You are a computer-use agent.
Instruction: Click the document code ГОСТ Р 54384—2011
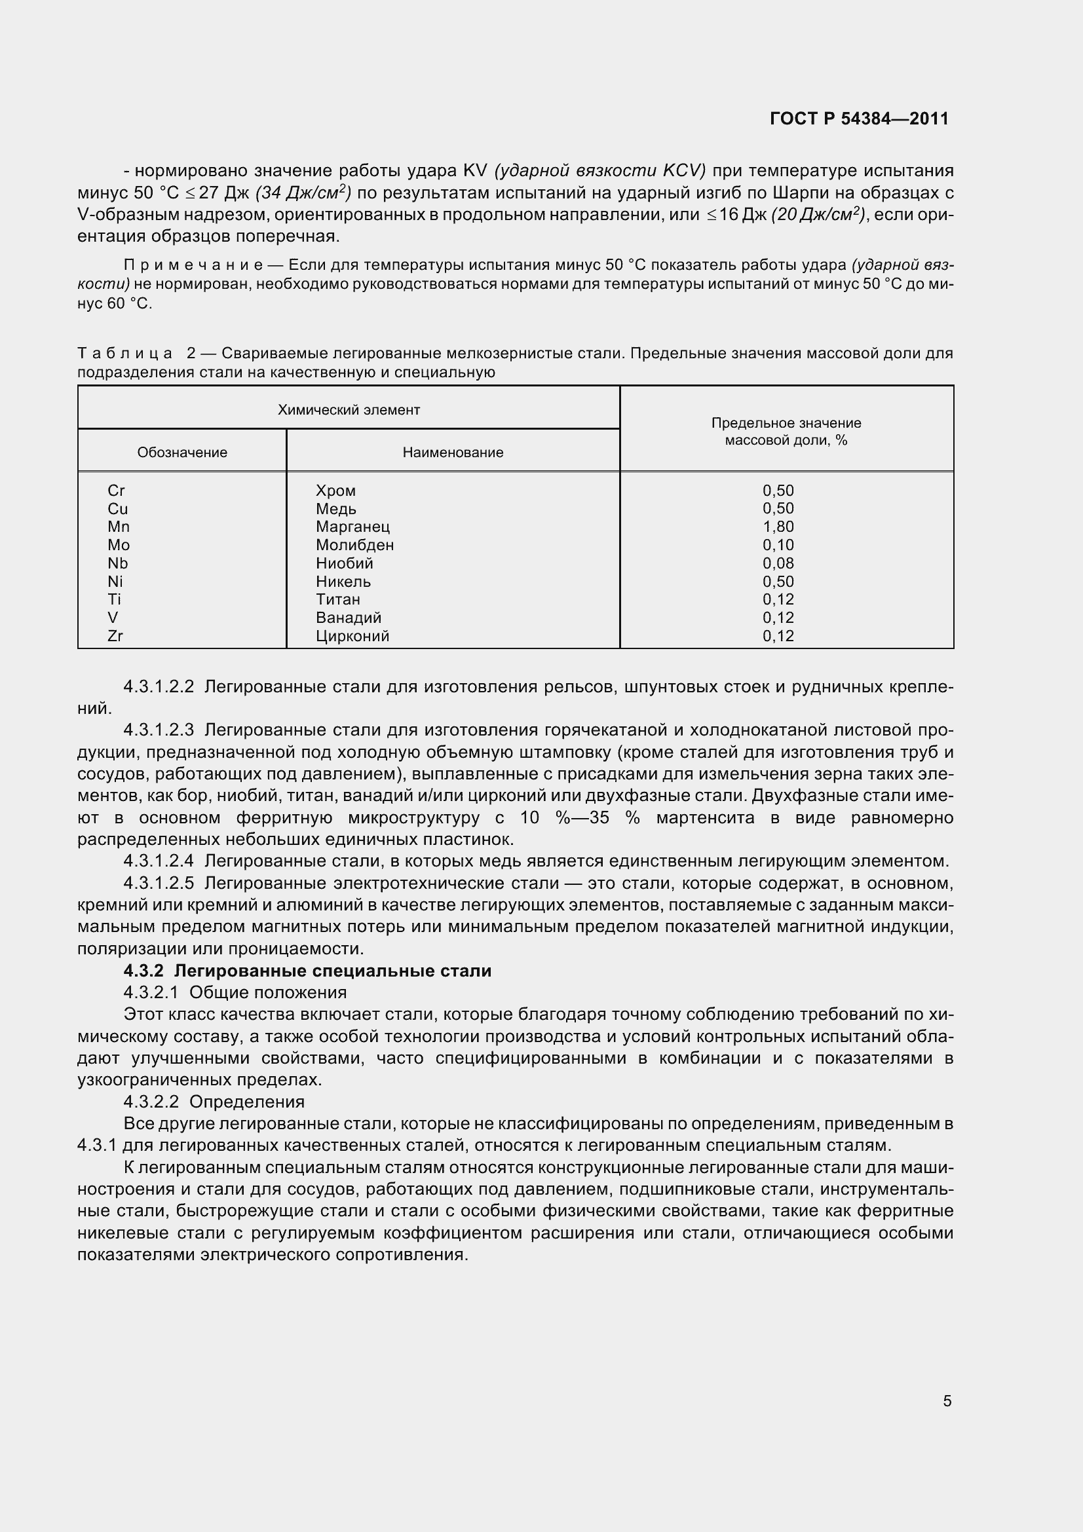tap(859, 119)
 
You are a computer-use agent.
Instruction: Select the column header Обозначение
tap(182, 453)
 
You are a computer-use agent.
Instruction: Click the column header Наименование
tap(453, 453)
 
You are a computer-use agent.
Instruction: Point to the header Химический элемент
tap(349, 409)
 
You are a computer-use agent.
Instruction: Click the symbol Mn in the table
tap(119, 527)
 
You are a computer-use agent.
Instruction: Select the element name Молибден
tap(354, 545)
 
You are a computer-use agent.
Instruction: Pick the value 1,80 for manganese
tap(778, 527)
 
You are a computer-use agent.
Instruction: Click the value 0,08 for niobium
tap(778, 563)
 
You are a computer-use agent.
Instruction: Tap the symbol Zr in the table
tap(115, 636)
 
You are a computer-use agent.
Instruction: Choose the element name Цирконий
tap(352, 636)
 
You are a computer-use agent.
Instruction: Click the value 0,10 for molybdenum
tap(778, 545)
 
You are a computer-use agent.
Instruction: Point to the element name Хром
tap(335, 491)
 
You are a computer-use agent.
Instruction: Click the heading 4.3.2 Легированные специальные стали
tap(308, 971)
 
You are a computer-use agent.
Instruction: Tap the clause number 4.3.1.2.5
tap(159, 884)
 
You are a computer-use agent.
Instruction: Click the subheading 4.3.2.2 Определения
tap(214, 1102)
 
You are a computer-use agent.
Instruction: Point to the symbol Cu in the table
tap(117, 509)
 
